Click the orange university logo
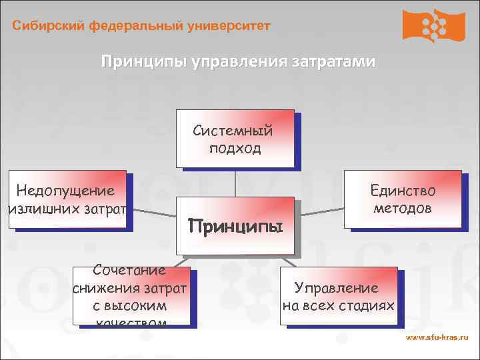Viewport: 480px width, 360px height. [433, 26]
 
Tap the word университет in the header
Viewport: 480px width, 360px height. [229, 26]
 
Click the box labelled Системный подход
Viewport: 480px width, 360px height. [235, 138]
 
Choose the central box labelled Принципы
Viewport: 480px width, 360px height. [235, 225]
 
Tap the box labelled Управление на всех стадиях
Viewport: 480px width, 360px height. [338, 297]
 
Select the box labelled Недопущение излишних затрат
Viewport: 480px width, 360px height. [67, 199]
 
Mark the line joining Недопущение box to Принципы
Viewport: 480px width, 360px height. [151, 212]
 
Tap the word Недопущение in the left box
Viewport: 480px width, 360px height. [65, 191]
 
